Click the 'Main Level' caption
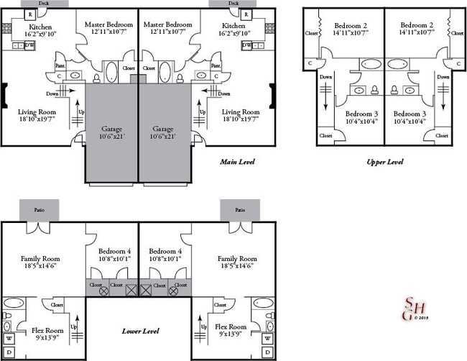[236, 162]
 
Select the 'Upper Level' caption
[384, 162]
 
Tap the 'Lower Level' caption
[139, 331]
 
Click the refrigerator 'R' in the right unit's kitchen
[246, 14]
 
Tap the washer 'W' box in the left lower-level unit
[9, 338]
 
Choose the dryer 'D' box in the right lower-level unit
[267, 352]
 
